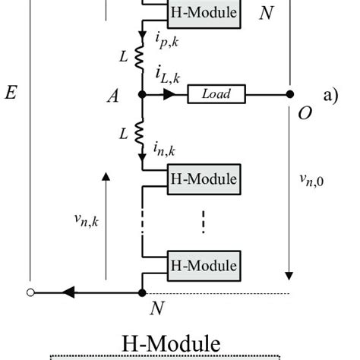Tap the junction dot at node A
[x=142, y=94]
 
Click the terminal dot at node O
[x=289, y=94]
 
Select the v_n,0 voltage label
[x=312, y=180]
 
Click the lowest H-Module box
[x=204, y=266]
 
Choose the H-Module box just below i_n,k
[x=204, y=179]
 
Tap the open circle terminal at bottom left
[x=30, y=292]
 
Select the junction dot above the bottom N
[x=142, y=292]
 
